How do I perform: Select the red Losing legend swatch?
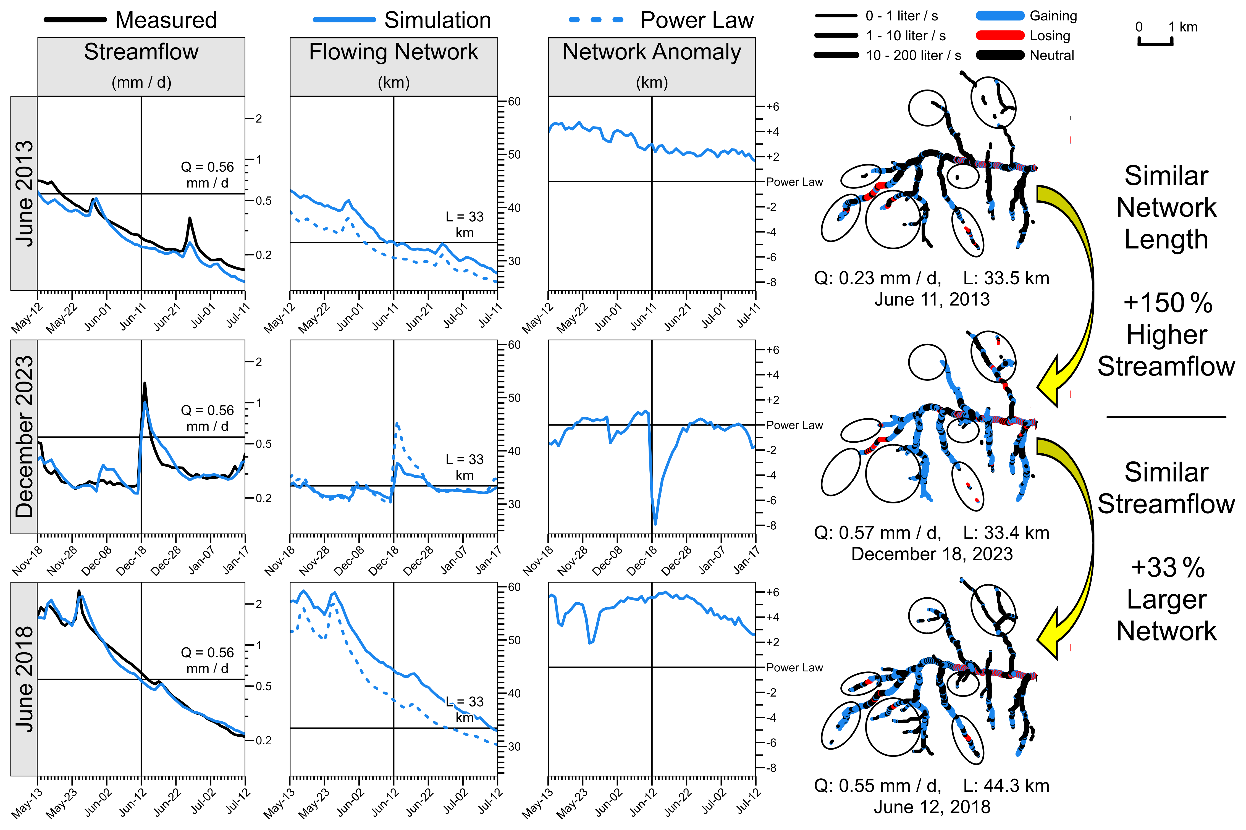(1000, 35)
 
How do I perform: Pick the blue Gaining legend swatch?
(1000, 16)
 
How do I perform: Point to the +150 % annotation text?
(1167, 303)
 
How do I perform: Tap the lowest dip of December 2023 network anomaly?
(655, 524)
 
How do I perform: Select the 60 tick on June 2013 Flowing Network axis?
(514, 101)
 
